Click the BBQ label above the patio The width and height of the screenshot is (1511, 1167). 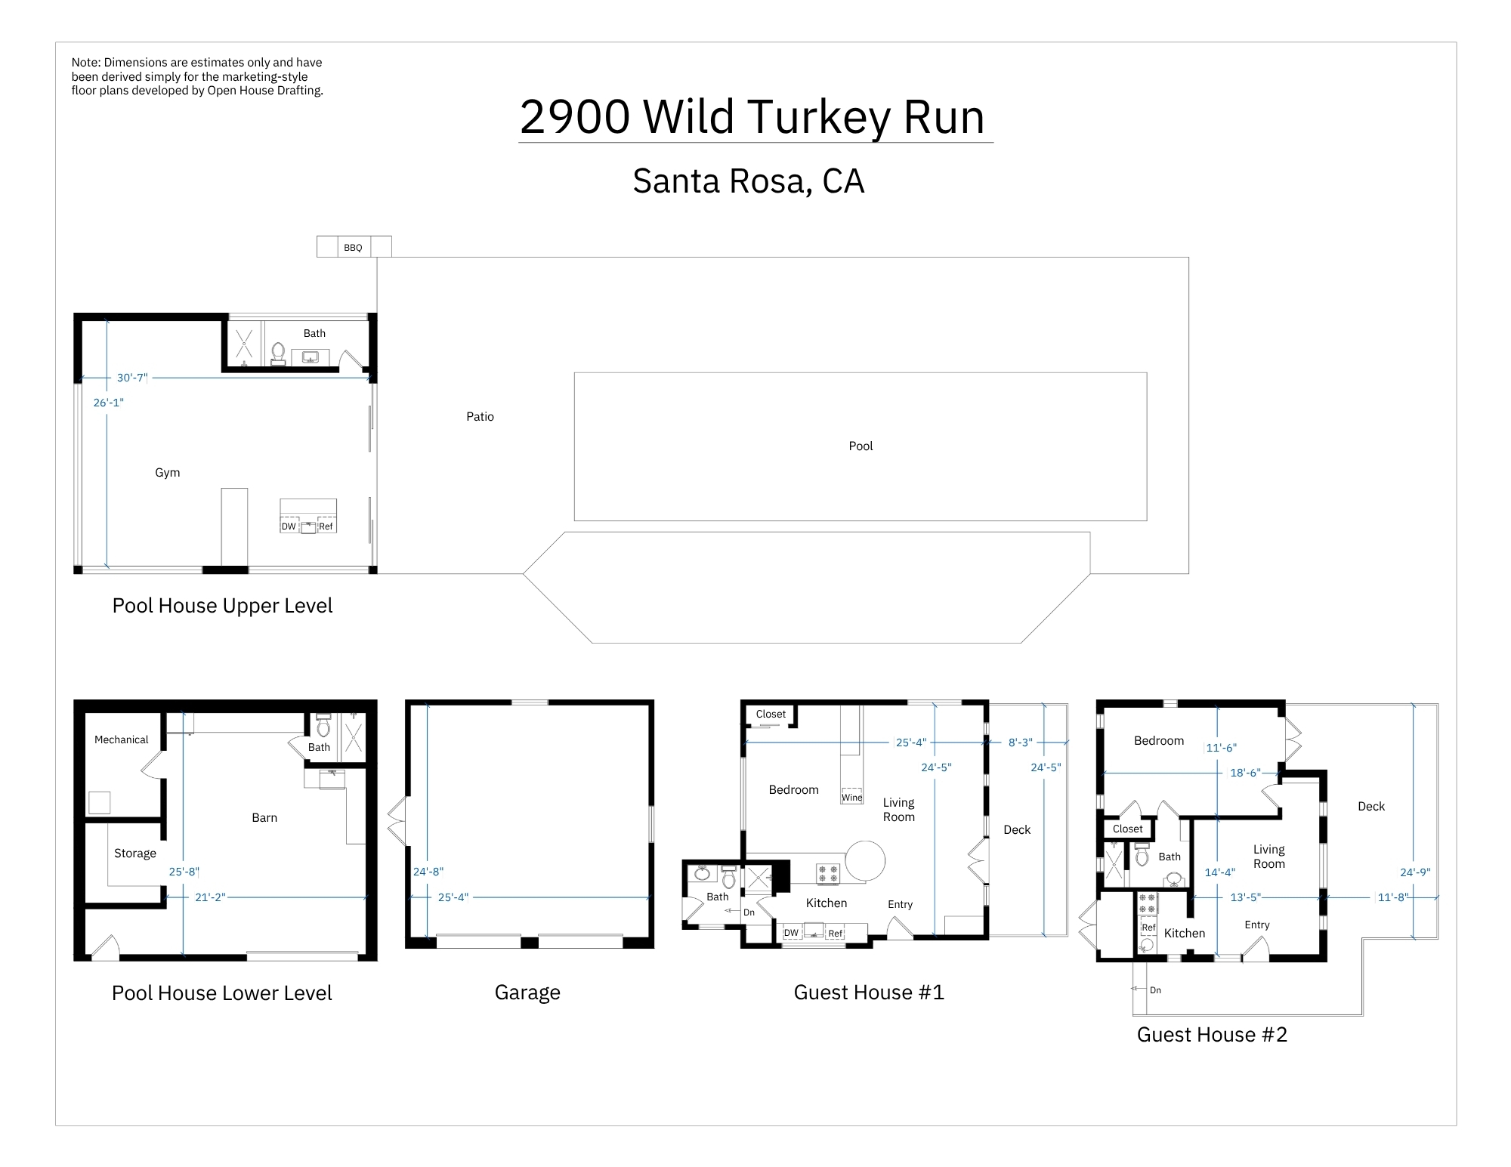353,248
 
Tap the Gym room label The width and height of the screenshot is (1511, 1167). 168,473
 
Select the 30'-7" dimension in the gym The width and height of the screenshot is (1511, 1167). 132,378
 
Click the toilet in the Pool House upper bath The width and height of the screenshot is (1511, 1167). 278,353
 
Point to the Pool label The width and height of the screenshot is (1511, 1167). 861,446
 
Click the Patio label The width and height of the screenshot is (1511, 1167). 480,417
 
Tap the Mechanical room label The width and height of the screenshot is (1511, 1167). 121,740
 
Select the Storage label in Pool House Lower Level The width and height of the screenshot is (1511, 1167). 135,854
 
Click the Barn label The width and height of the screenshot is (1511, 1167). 264,818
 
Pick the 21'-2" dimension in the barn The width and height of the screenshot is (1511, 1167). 210,897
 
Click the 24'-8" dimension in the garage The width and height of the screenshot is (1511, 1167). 428,872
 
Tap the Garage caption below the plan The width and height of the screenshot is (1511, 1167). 527,993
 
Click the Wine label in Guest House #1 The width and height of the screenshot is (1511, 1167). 852,798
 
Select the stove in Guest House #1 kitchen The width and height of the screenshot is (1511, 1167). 828,874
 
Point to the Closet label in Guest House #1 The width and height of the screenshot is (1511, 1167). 771,714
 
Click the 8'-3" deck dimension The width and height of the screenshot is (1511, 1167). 1021,742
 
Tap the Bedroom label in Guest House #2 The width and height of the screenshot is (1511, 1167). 1159,741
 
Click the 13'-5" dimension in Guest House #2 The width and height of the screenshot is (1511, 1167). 1246,897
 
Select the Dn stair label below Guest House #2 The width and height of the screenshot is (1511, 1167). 1155,990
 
